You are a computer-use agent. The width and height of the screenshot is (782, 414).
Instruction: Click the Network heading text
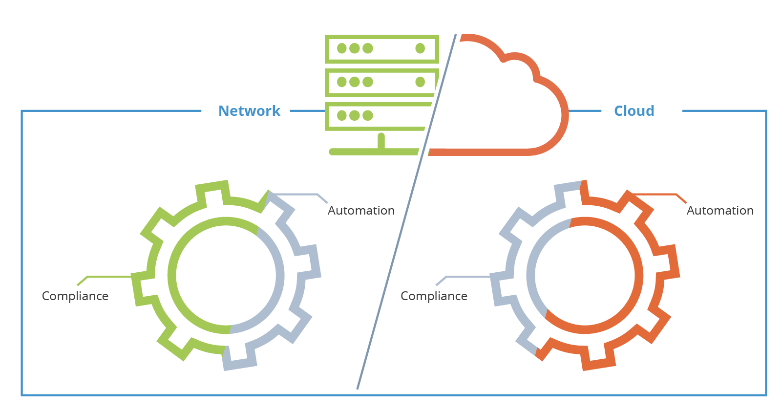coord(249,111)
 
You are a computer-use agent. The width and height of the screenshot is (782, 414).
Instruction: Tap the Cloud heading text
coord(634,111)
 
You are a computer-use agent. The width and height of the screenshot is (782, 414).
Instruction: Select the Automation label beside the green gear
coord(361,211)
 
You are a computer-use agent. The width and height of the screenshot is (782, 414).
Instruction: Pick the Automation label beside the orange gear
coord(720,211)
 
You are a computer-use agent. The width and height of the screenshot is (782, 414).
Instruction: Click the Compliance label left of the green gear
coord(75,296)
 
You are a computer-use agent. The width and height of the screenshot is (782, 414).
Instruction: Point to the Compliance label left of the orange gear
coord(434,296)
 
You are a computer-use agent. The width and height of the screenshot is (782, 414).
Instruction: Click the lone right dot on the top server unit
coord(420,48)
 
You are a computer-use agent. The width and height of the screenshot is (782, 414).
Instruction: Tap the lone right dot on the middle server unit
coord(420,82)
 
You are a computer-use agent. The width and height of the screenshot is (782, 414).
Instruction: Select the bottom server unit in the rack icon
coord(376,116)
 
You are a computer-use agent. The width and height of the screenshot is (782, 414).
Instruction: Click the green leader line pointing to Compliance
coord(107,277)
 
